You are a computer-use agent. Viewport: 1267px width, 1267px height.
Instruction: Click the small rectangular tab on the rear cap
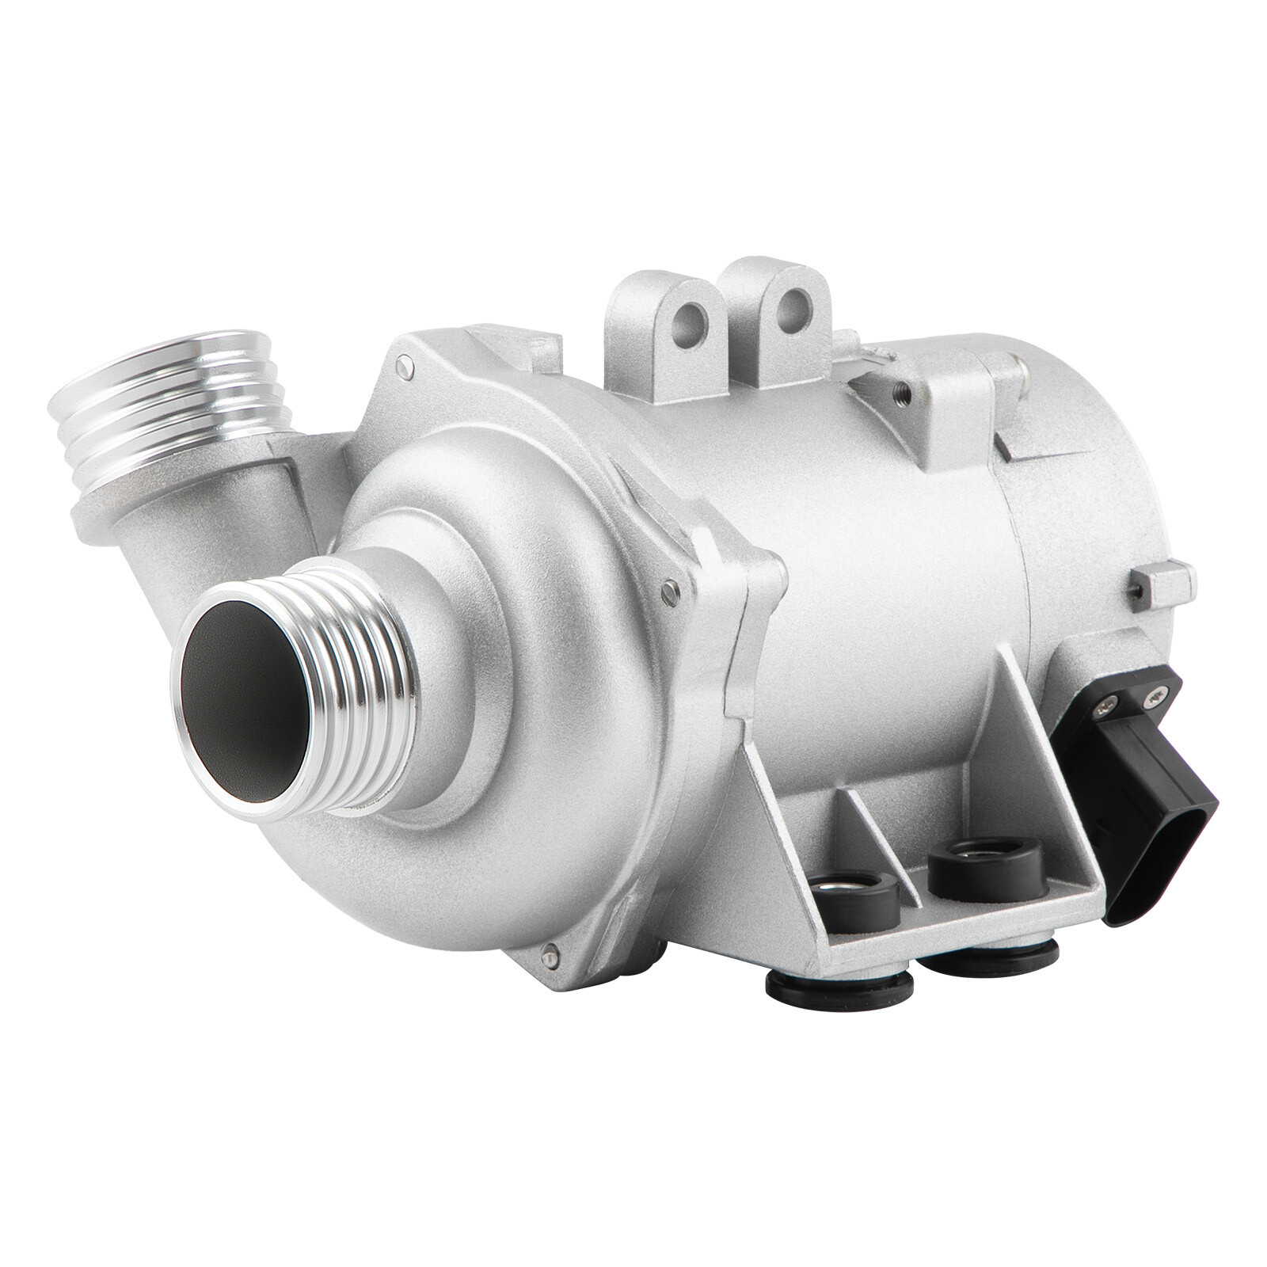coord(1164,583)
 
